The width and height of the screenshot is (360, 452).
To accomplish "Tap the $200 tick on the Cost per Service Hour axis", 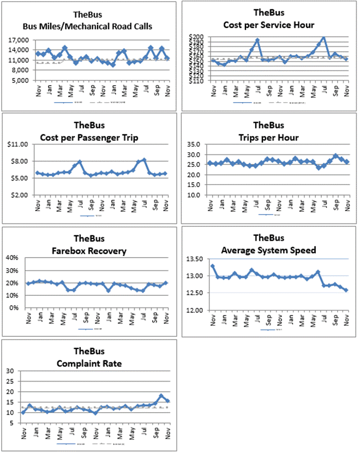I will [196, 37].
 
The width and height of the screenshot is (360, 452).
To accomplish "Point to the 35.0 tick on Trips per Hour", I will [196, 144].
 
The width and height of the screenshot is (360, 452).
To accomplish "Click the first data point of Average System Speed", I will [212, 266].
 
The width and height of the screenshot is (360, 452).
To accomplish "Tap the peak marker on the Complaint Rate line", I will [161, 396].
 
